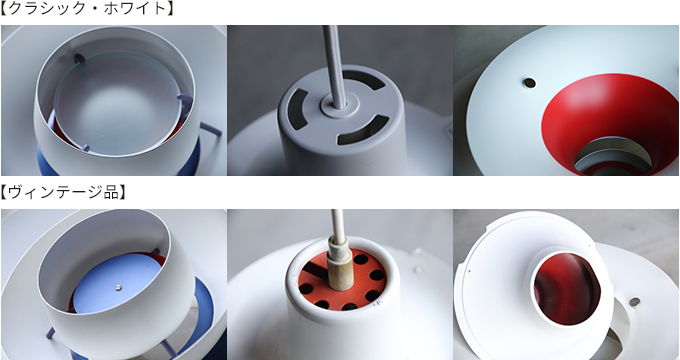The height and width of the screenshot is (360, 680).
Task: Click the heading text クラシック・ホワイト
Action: pyautogui.click(x=87, y=8)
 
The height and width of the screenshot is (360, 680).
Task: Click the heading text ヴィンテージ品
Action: pyautogui.click(x=63, y=192)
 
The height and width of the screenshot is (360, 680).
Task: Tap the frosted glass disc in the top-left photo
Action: pyautogui.click(x=117, y=103)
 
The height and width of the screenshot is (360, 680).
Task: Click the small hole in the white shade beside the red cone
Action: pyautogui.click(x=529, y=83)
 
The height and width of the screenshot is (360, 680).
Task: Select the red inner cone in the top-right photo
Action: pyautogui.click(x=607, y=117)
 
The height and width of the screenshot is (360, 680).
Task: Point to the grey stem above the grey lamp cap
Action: pyautogui.click(x=335, y=65)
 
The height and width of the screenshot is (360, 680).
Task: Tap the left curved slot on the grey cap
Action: pyautogui.click(x=297, y=109)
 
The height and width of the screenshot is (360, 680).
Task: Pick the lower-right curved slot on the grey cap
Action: pyautogui.click(x=363, y=131)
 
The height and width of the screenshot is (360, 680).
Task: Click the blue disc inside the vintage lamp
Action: pyautogui.click(x=117, y=282)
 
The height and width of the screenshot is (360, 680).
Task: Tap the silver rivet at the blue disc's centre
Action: pyautogui.click(x=119, y=287)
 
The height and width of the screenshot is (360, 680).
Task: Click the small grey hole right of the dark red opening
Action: pyautogui.click(x=634, y=302)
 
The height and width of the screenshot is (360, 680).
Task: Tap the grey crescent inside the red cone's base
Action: pyautogui.click(x=612, y=157)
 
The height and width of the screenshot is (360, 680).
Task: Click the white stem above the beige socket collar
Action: pyautogui.click(x=337, y=224)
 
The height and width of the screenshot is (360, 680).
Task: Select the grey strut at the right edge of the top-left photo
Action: pyautogui.click(x=211, y=129)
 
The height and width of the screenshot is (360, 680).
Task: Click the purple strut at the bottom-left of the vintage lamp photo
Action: pyautogui.click(x=51, y=333)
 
